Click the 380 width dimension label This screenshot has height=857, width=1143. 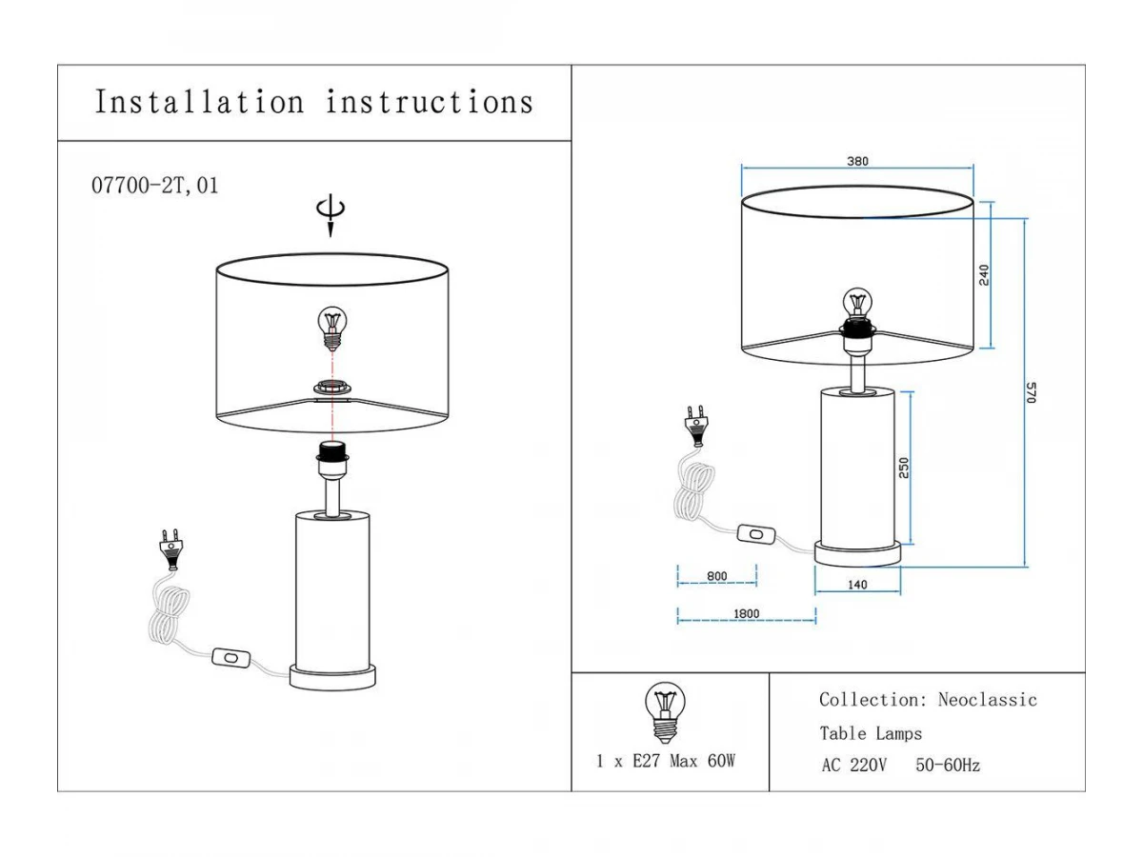[857, 162]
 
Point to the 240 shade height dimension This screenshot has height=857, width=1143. [984, 274]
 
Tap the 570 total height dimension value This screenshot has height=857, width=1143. [1030, 392]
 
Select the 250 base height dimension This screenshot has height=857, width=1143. [905, 467]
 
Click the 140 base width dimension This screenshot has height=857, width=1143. [857, 585]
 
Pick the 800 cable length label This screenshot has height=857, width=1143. [716, 576]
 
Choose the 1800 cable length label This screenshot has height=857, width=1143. [746, 614]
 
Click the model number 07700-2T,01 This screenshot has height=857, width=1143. [154, 187]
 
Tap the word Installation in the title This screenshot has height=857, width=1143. [200, 102]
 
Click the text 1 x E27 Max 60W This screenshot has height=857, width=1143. [666, 761]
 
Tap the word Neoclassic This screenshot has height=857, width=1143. [987, 700]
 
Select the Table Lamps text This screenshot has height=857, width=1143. [871, 733]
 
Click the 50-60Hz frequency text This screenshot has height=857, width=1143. [947, 765]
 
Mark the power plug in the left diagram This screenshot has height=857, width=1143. [170, 549]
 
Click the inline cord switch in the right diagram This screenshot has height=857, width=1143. [757, 536]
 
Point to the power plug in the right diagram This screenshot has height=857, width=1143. [696, 424]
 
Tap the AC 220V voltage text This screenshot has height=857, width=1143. [853, 765]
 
